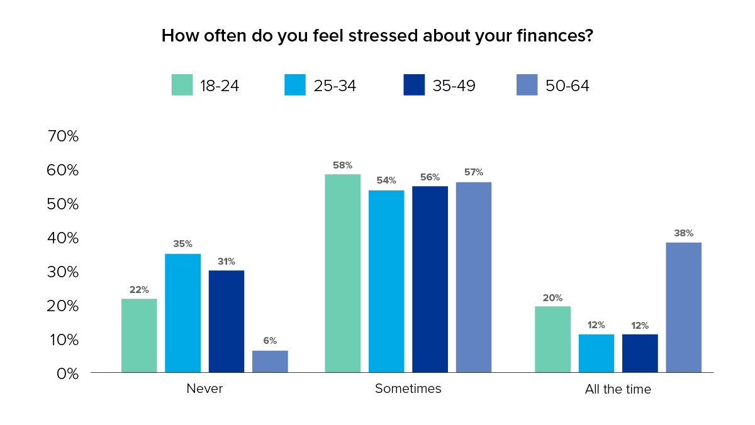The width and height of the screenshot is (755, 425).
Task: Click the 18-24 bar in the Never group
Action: (x=139, y=335)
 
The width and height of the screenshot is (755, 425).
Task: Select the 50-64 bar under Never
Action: (x=270, y=362)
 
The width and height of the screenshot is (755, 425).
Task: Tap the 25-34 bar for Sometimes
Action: (x=386, y=281)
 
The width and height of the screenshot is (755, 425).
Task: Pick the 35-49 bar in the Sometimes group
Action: (x=430, y=279)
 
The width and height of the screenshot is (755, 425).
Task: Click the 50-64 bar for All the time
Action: (x=683, y=307)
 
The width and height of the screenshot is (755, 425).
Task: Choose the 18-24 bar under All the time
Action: (x=552, y=339)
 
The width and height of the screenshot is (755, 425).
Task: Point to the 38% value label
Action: (x=683, y=233)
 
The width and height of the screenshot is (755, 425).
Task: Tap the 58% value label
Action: (x=342, y=165)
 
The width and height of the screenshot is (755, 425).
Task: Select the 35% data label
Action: (x=182, y=244)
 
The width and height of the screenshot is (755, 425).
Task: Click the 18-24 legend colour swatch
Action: (x=182, y=85)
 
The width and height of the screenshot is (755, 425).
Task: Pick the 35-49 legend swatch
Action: (x=413, y=85)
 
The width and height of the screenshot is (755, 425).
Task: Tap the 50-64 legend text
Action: (x=567, y=86)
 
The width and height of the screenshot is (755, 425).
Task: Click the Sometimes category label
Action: (x=408, y=389)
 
